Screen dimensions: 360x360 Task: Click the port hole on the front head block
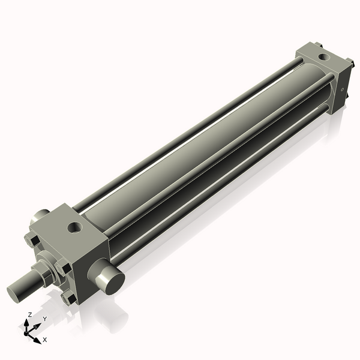75,227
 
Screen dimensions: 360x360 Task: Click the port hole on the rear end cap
325,58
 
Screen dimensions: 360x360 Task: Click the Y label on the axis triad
45,319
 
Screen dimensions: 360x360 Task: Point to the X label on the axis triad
45,340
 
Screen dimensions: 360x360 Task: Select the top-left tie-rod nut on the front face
34,241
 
